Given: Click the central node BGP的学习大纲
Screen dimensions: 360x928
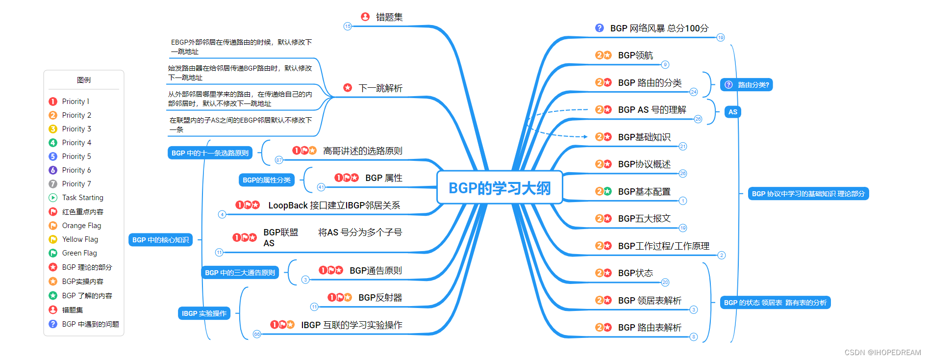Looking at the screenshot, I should pyautogui.click(x=499, y=188).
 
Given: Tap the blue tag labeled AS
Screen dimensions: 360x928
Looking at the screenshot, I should pyautogui.click(x=732, y=112).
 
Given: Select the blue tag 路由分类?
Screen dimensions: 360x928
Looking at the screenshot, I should pyautogui.click(x=747, y=85).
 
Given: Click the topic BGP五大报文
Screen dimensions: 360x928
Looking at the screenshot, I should pyautogui.click(x=644, y=219).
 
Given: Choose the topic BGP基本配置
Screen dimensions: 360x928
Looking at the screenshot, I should pyautogui.click(x=644, y=192).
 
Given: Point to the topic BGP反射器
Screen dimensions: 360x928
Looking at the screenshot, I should pyautogui.click(x=380, y=298).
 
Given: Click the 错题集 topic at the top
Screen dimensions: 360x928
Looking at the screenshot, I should pyautogui.click(x=389, y=17).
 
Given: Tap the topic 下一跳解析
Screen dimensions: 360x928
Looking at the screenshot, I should pyautogui.click(x=380, y=88).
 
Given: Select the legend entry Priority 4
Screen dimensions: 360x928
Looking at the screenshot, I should pyautogui.click(x=76, y=143).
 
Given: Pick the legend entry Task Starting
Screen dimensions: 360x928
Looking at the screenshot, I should pyautogui.click(x=82, y=198).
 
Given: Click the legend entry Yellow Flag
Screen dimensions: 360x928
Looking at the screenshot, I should pyautogui.click(x=80, y=239).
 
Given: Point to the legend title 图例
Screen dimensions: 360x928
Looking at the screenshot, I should pyautogui.click(x=84, y=80).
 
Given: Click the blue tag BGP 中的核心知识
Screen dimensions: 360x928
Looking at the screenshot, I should pyautogui.click(x=160, y=240).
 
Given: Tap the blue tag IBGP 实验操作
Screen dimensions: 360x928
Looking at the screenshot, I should pyautogui.click(x=204, y=313).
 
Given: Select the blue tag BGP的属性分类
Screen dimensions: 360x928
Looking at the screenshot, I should pyautogui.click(x=266, y=180).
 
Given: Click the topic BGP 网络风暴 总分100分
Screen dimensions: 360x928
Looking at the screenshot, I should pyautogui.click(x=659, y=28).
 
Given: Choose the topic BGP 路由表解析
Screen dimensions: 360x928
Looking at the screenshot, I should pyautogui.click(x=650, y=328).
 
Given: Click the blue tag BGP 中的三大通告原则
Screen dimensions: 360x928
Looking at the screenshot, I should pyautogui.click(x=240, y=273).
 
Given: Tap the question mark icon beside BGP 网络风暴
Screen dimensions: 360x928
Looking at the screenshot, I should pyautogui.click(x=599, y=28).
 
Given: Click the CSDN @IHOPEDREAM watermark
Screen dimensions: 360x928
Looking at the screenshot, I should pyautogui.click(x=882, y=353).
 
